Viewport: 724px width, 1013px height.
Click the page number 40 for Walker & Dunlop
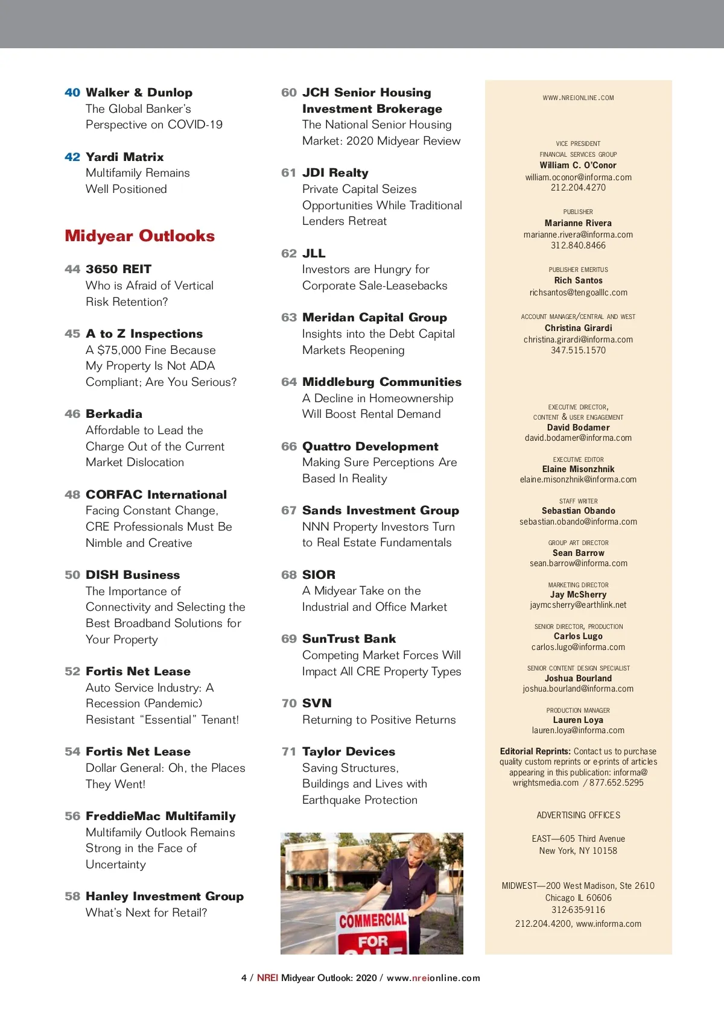click(72, 92)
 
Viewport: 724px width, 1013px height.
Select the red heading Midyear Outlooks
click(139, 236)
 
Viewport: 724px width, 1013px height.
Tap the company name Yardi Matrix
click(124, 157)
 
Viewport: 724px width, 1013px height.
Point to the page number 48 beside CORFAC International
click(72, 494)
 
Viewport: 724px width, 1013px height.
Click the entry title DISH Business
click(133, 575)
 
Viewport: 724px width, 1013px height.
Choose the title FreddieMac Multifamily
click(160, 816)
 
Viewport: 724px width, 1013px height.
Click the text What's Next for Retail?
click(146, 912)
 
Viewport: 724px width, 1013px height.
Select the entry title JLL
click(314, 253)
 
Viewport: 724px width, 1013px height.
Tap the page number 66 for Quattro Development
click(288, 446)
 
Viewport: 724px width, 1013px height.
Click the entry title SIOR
click(319, 575)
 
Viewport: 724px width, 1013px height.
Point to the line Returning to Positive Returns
click(379, 719)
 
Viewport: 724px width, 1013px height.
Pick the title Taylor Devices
click(349, 751)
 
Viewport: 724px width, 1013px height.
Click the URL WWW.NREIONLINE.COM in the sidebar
click(578, 98)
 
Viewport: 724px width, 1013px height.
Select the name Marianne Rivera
click(578, 223)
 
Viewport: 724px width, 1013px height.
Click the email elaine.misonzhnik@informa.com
click(578, 479)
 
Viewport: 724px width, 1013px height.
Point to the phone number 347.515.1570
click(578, 350)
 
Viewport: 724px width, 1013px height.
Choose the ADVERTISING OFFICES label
click(578, 815)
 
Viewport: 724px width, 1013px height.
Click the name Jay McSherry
click(578, 595)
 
